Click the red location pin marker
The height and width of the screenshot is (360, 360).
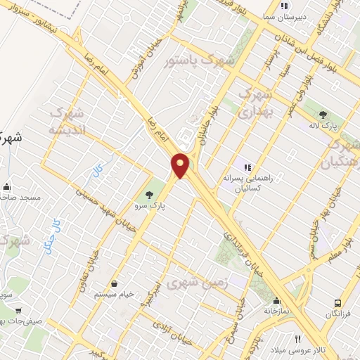tap(181, 165)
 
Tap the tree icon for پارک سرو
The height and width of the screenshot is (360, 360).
tap(148, 195)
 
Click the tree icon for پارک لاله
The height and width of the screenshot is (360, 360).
tap(323, 114)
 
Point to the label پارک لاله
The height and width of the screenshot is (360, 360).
tap(323, 127)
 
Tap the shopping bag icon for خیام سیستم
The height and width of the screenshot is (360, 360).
tap(114, 283)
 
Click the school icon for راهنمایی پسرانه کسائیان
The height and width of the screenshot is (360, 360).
tap(247, 167)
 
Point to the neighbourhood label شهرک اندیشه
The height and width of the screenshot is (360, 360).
tap(68, 121)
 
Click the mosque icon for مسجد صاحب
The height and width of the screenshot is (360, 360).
tap(7, 187)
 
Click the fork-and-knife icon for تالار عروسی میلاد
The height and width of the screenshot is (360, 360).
tap(297, 338)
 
